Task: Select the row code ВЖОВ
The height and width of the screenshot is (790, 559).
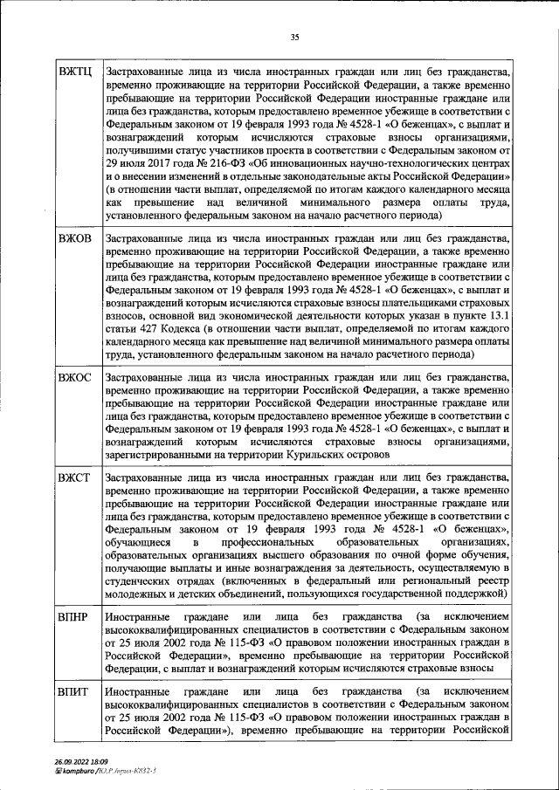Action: point(75,238)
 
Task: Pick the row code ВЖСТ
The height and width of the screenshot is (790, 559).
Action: point(75,478)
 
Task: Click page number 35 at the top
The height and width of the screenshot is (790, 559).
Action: point(295,36)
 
